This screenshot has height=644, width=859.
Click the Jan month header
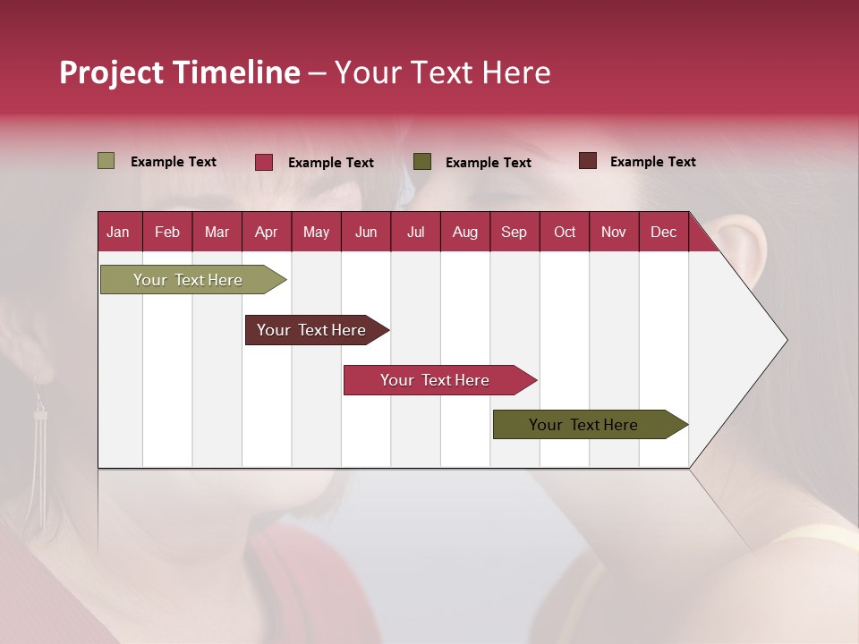click(118, 232)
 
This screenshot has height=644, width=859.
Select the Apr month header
click(266, 232)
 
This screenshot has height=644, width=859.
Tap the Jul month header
click(415, 232)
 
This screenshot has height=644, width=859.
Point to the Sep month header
click(514, 232)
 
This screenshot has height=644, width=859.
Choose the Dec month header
click(663, 232)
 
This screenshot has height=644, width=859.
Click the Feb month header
click(167, 232)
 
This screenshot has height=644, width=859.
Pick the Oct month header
click(565, 232)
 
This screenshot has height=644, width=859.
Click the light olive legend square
click(106, 161)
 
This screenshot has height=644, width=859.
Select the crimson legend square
click(264, 162)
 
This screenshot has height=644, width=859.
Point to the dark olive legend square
click(422, 161)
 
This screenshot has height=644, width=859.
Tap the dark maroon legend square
click(587, 161)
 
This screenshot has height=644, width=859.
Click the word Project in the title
click(112, 72)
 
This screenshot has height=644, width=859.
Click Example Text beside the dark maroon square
click(652, 162)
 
